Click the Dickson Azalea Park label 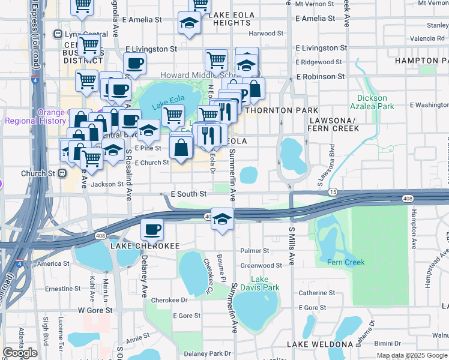376,102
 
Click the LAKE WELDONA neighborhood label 319,344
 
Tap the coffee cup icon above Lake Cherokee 151,229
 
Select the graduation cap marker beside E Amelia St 189,23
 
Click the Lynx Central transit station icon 58,34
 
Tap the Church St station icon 61,173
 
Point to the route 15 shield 333,191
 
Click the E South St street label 188,194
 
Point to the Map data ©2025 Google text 412,355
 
